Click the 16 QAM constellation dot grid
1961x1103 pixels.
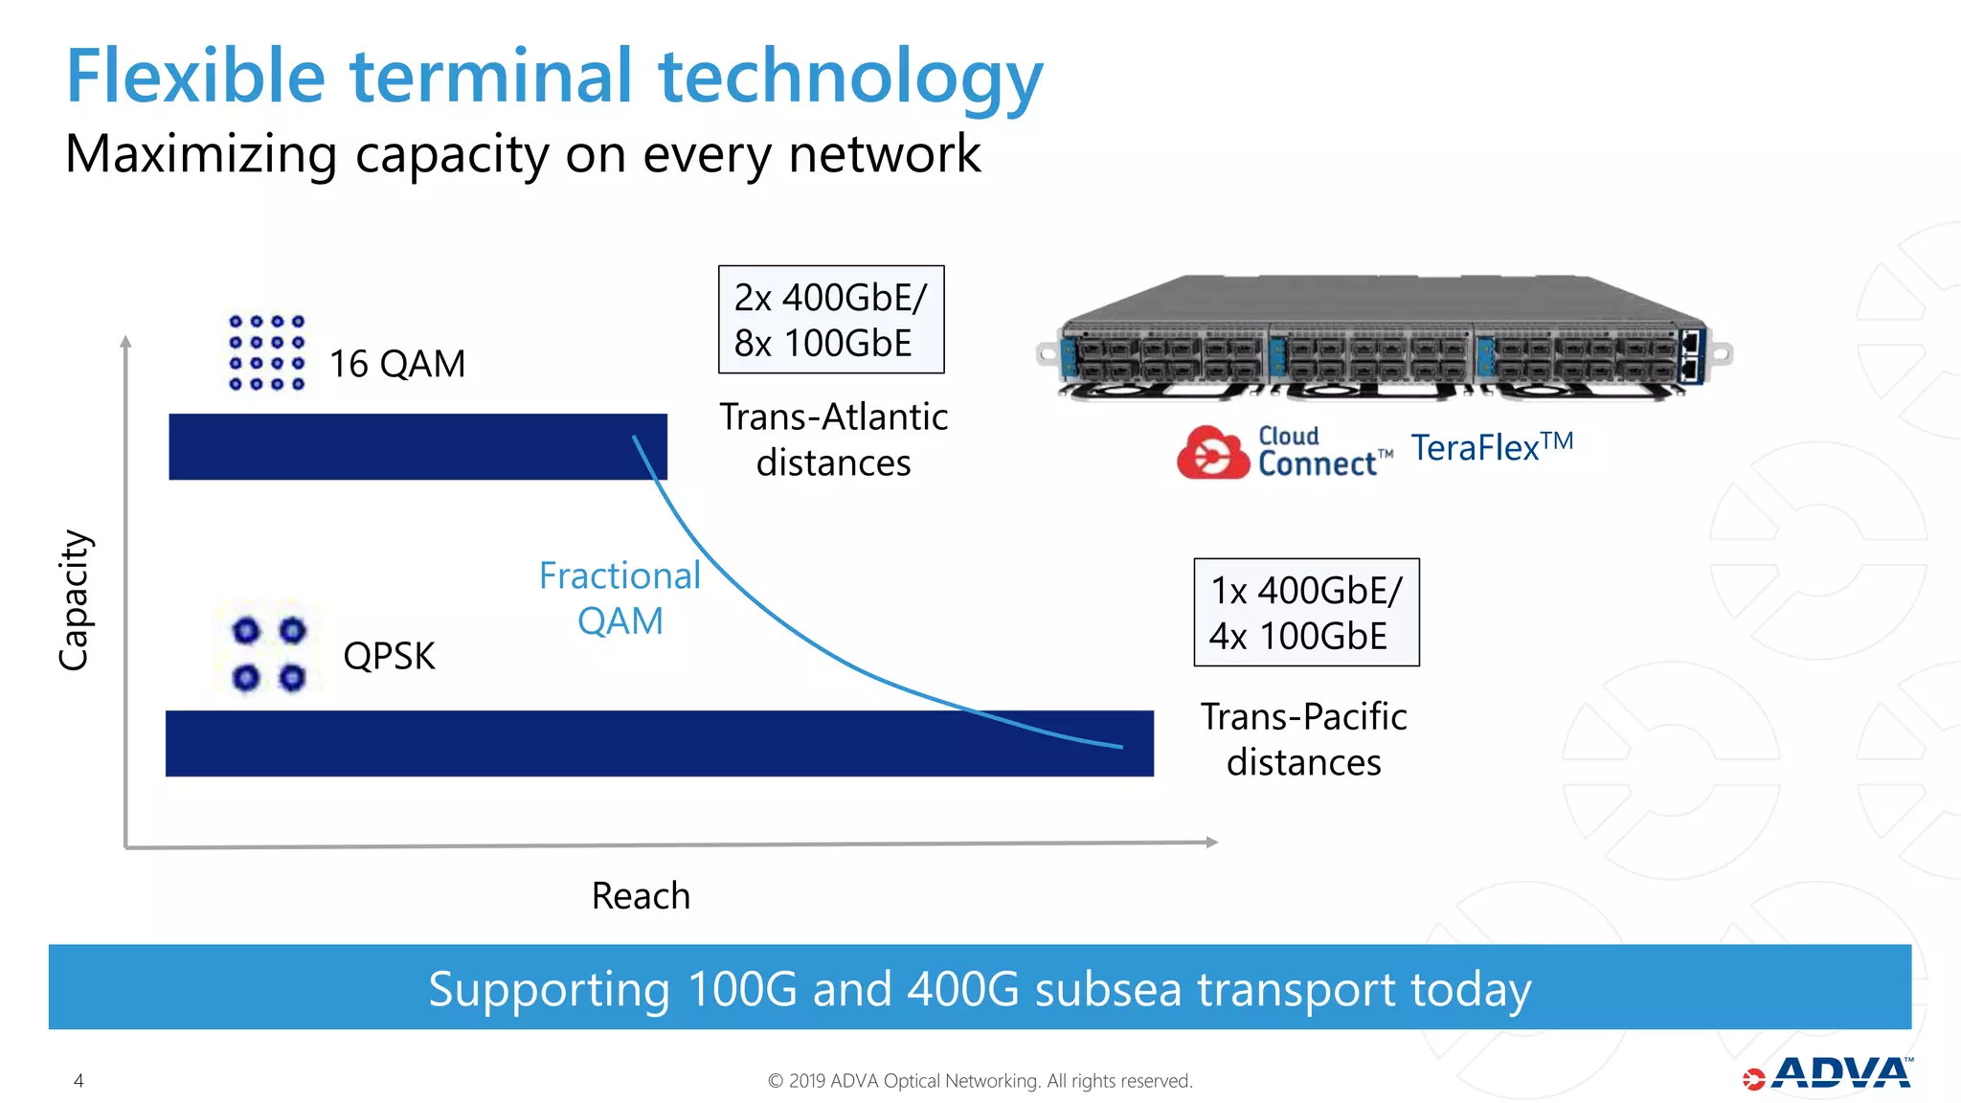[267, 352]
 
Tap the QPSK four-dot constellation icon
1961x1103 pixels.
[269, 654]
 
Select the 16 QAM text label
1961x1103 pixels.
[397, 364]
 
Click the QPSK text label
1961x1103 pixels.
[389, 656]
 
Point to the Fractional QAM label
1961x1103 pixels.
[620, 598]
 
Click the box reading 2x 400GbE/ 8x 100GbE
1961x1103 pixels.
[831, 320]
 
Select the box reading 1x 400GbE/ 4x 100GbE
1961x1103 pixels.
[1306, 613]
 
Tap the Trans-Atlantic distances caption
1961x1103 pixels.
[833, 439]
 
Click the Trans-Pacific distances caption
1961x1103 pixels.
[1303, 739]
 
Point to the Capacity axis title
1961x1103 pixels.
[74, 600]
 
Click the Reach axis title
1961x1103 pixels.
[641, 896]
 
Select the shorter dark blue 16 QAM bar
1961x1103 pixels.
[417, 447]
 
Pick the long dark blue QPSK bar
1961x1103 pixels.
[659, 743]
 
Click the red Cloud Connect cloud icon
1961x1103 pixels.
[1212, 453]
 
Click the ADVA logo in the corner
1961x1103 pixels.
[1828, 1074]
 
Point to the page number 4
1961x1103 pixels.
[79, 1081]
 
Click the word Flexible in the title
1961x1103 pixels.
[196, 77]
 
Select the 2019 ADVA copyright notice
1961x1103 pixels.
[980, 1081]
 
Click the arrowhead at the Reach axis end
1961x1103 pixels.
[1211, 843]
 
